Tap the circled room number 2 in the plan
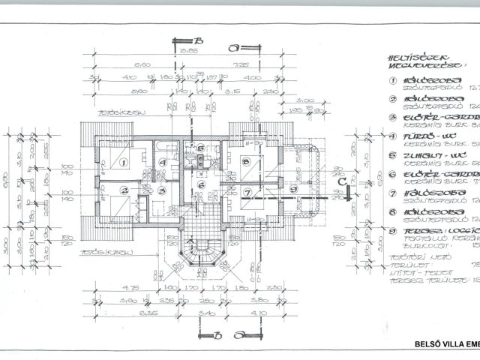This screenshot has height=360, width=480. [x=125, y=191]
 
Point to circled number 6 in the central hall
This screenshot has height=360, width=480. [x=201, y=184]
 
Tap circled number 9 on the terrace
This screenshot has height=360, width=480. [x=293, y=188]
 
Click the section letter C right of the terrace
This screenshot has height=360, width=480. [x=341, y=181]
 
